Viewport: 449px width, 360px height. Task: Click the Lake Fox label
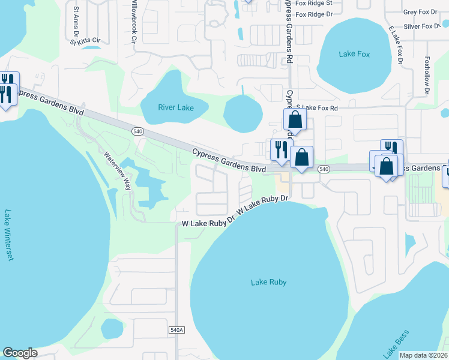(354, 54)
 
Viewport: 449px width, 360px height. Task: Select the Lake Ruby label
(268, 282)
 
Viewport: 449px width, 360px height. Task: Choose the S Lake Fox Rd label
(317, 108)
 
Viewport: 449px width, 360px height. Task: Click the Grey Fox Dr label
(422, 12)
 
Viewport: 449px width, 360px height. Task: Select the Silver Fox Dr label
(422, 26)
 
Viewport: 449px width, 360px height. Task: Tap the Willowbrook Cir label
(134, 21)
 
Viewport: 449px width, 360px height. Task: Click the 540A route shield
(176, 330)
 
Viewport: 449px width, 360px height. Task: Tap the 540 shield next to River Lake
(137, 130)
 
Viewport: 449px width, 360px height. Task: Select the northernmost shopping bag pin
(295, 119)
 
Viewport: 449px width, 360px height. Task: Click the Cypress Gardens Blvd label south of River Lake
(229, 160)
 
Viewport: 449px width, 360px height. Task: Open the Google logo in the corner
(20, 353)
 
